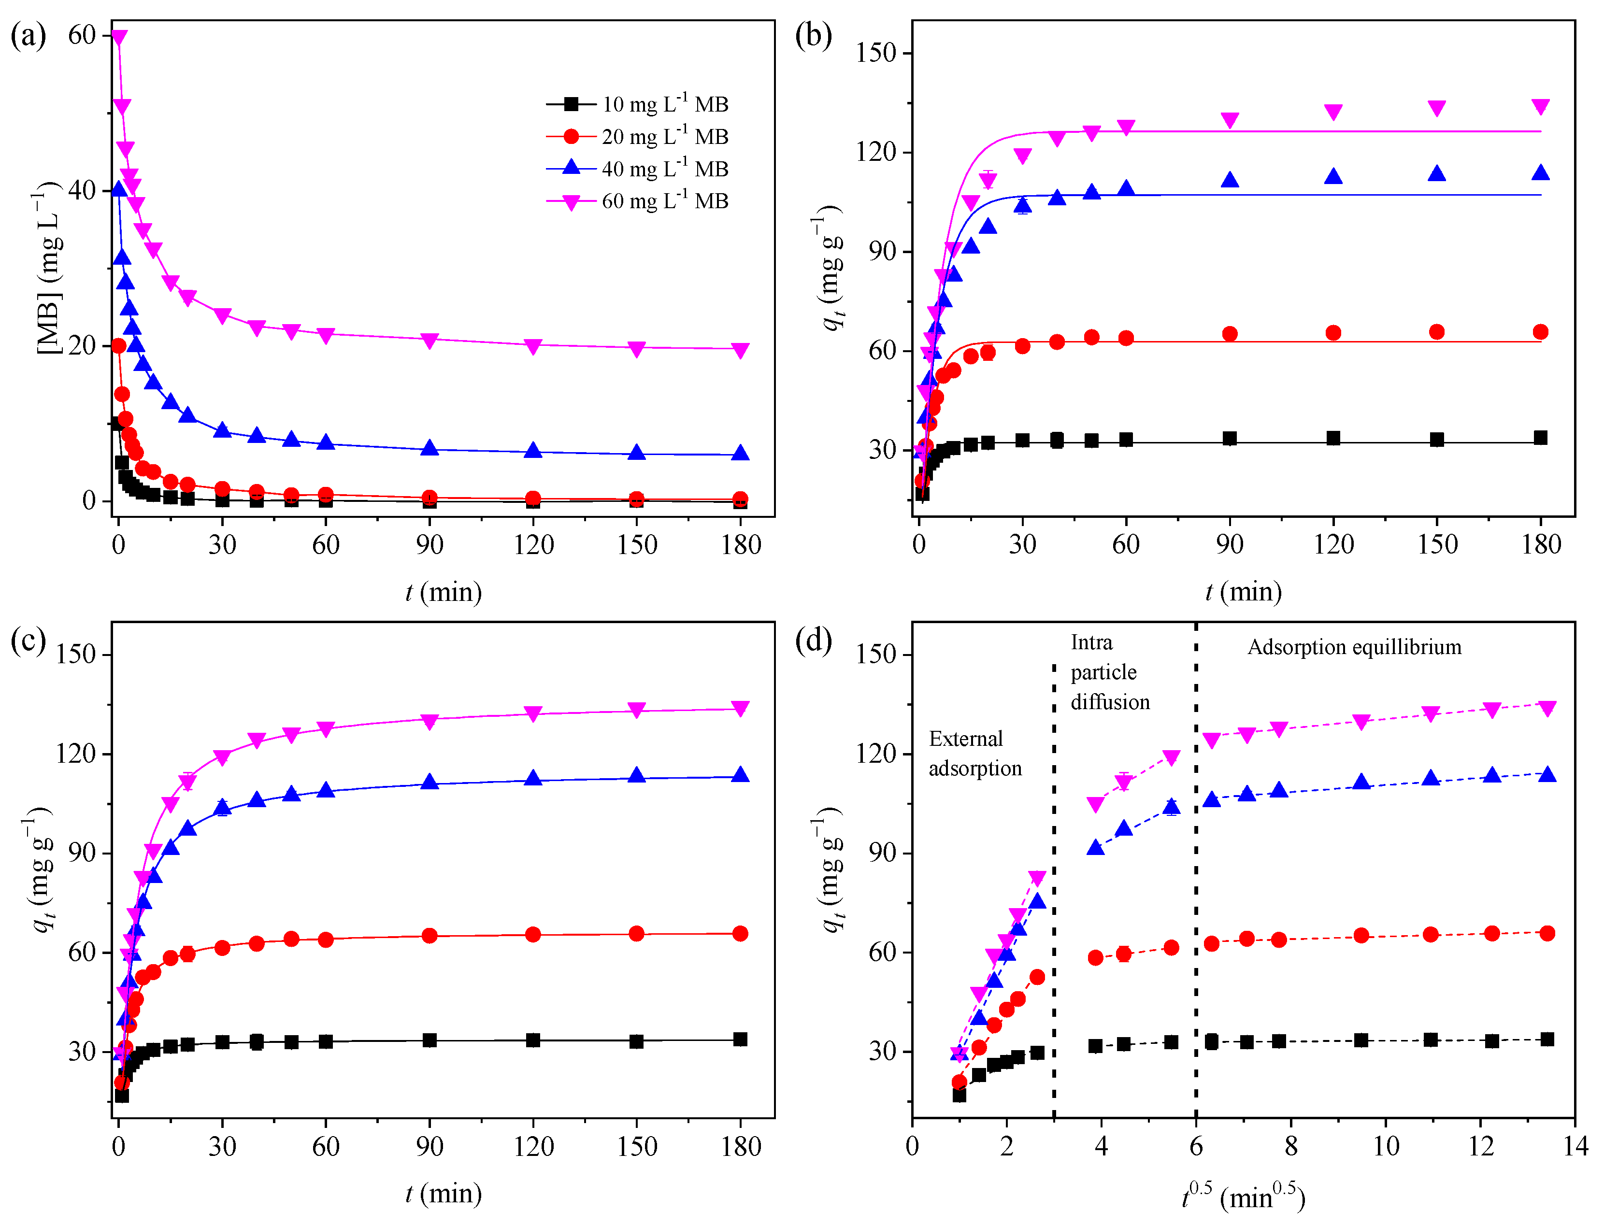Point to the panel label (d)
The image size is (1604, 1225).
coord(814,640)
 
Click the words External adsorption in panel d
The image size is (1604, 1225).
coord(975,753)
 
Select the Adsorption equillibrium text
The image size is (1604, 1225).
coord(1354,647)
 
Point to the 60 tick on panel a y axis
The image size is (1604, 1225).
coord(82,35)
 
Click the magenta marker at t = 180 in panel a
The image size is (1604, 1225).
coord(740,351)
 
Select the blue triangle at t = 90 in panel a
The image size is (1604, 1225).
coord(430,448)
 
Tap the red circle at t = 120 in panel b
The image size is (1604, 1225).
coord(1333,332)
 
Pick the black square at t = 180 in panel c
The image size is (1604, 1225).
coord(740,1039)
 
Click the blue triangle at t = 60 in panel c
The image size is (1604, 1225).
coord(326,790)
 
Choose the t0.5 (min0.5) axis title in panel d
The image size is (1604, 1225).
coord(1243,1197)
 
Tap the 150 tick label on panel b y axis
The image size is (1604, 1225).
coord(876,53)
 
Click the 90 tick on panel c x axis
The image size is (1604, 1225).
coord(430,1146)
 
